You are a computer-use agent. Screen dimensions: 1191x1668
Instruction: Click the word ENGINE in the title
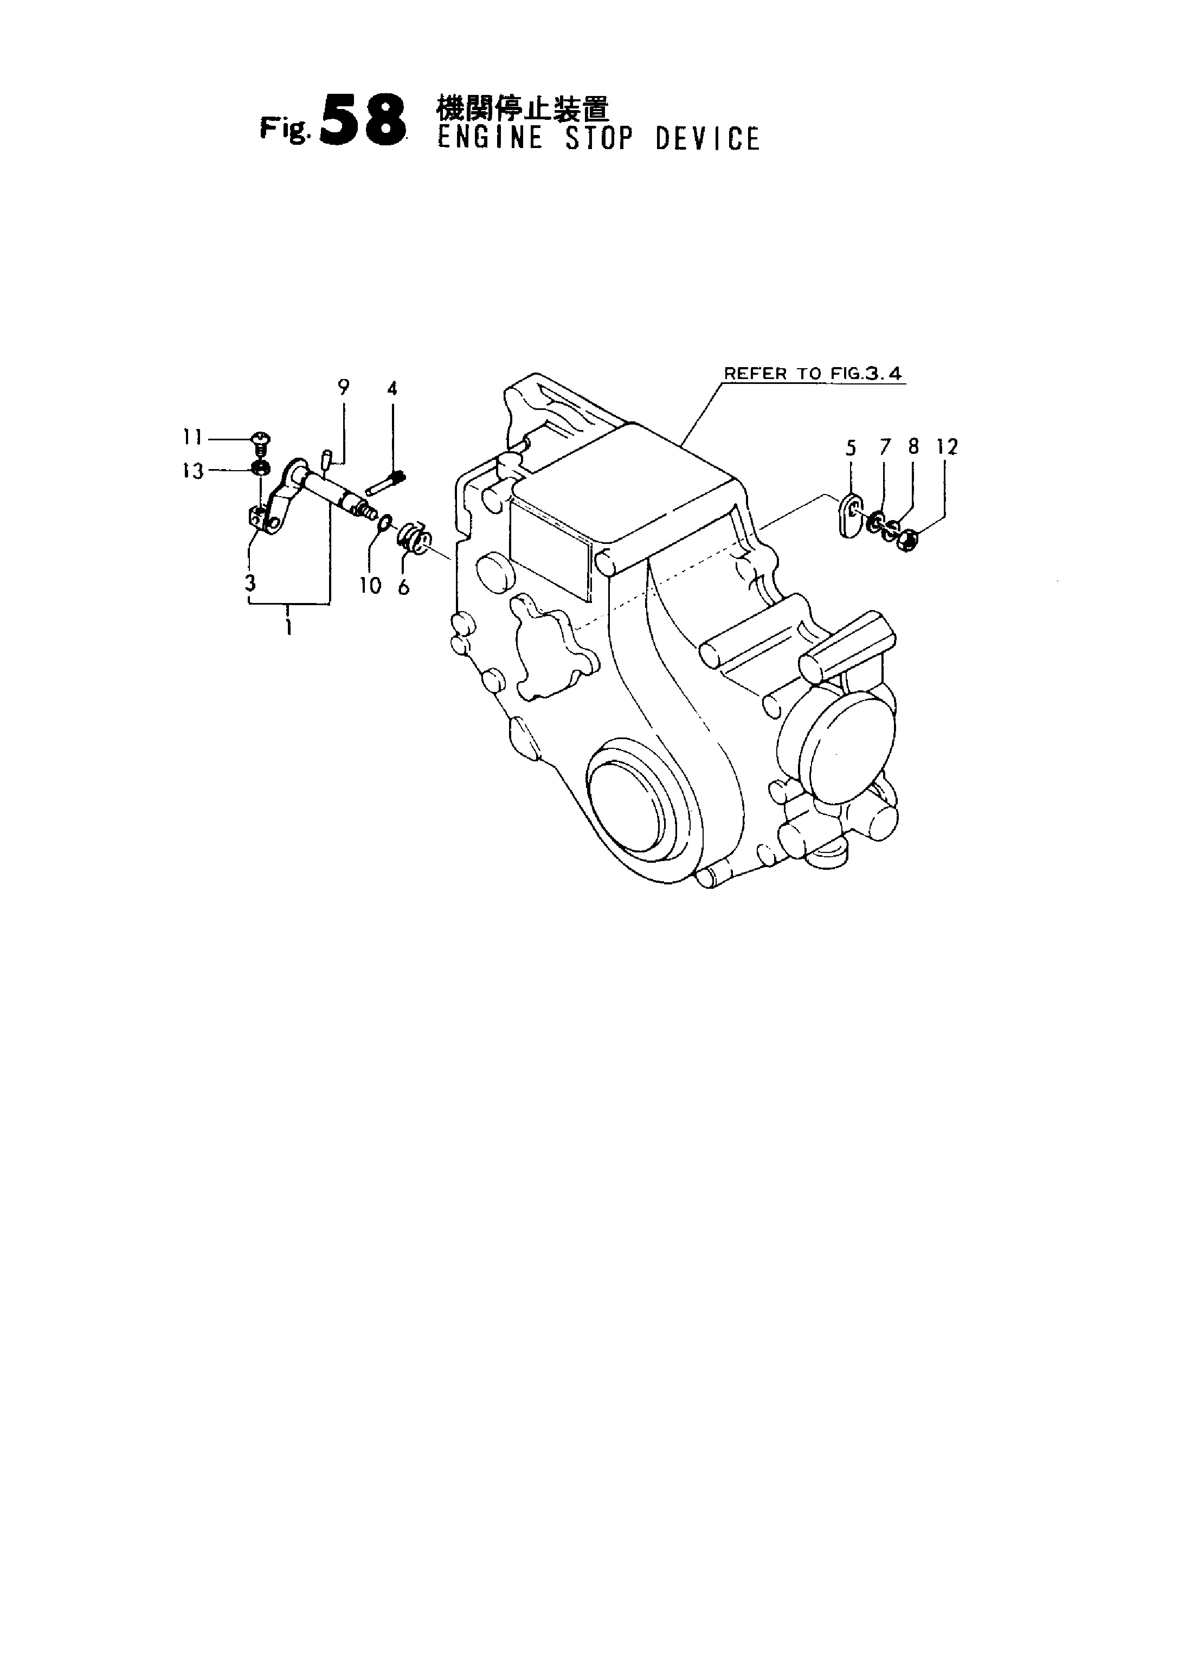pyautogui.click(x=490, y=139)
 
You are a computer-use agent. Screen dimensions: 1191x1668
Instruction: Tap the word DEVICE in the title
pyautogui.click(x=707, y=139)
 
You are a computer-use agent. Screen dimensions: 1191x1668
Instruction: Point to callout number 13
pyautogui.click(x=193, y=471)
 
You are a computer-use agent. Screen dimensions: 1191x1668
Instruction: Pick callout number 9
pyautogui.click(x=343, y=387)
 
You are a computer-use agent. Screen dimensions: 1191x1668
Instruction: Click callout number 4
pyautogui.click(x=392, y=388)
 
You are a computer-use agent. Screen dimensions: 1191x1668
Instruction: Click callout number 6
pyautogui.click(x=404, y=586)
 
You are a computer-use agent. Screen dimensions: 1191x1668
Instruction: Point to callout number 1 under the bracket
pyautogui.click(x=289, y=627)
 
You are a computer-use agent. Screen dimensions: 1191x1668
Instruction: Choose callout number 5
pyautogui.click(x=851, y=447)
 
